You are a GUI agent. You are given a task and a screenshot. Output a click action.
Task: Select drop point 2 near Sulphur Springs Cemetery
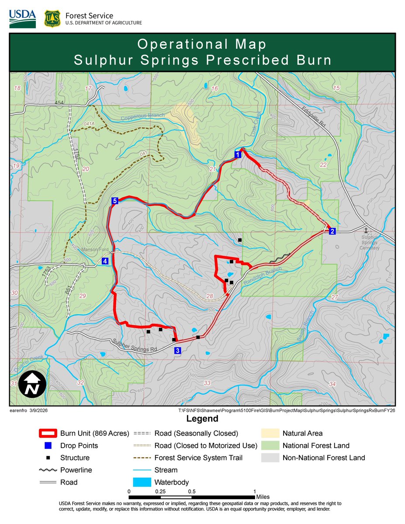point(332,231)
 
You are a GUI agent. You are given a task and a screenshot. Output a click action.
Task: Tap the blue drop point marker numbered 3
point(177,350)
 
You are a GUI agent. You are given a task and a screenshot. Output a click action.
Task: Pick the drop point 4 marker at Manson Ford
point(105,261)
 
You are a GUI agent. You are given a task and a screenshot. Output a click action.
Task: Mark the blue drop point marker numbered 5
point(114,201)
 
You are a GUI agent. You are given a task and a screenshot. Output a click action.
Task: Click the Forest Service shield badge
point(52,19)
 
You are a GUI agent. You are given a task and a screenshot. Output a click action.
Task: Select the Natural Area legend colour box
point(270,434)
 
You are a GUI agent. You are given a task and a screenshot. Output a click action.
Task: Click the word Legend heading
point(202,419)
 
